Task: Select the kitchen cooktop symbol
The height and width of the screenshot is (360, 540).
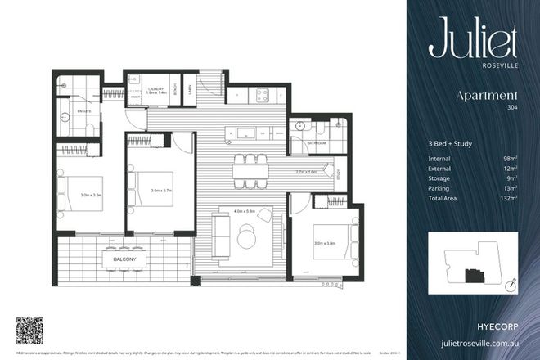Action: [263, 95]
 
